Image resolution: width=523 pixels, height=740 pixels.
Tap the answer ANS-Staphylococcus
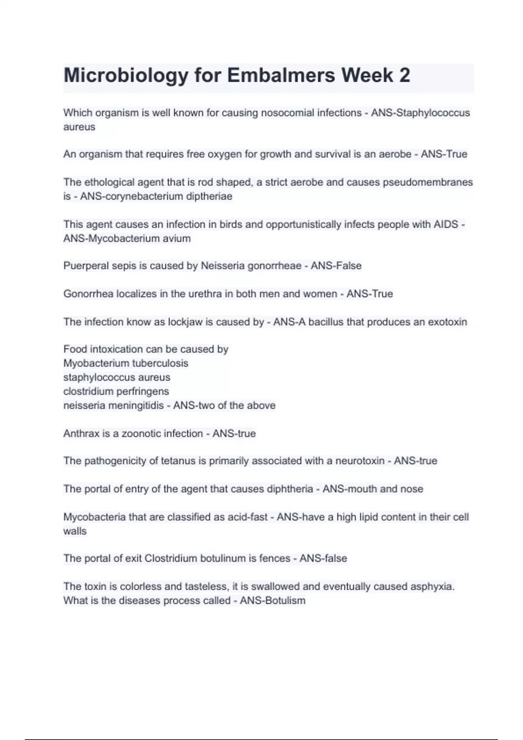point(420,113)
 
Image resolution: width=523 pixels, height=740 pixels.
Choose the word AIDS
point(446,225)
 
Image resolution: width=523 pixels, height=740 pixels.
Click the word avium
point(177,239)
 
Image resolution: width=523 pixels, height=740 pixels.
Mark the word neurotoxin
point(360,461)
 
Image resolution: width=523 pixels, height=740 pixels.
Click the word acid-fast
point(248,517)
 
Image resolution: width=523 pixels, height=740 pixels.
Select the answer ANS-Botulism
point(272,601)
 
